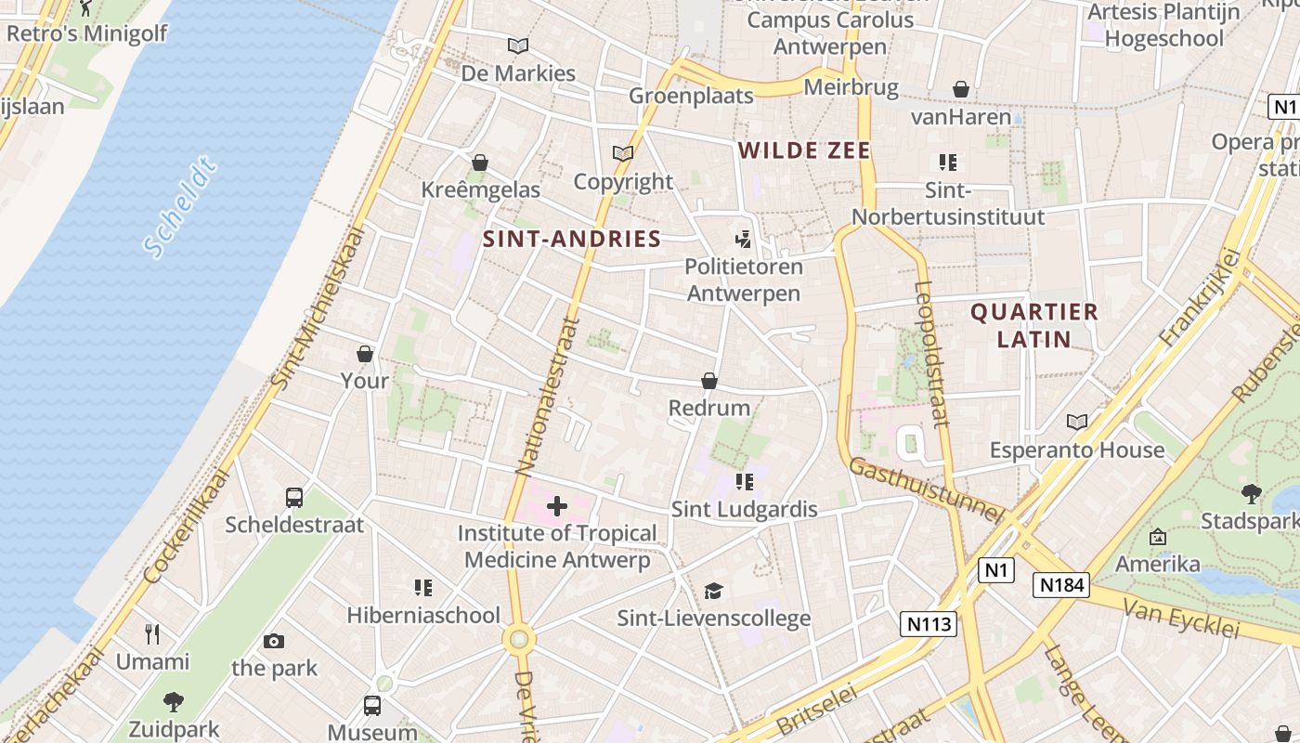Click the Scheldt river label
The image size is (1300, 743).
click(181, 208)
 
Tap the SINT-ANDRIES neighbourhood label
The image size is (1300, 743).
click(572, 239)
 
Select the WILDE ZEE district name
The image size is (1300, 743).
click(804, 150)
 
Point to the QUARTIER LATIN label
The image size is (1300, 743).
click(1034, 325)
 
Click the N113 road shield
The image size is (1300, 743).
click(929, 623)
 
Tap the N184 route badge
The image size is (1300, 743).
click(1060, 585)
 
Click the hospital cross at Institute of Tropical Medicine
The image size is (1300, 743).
click(557, 506)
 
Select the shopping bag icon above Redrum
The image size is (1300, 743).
click(709, 381)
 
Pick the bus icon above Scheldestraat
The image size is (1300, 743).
click(294, 497)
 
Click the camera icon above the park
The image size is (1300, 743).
click(273, 641)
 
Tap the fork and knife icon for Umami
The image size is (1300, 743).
click(152, 634)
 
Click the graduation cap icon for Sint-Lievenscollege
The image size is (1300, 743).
click(713, 591)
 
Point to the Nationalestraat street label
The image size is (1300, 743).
click(547, 395)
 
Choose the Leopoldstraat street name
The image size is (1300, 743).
click(932, 353)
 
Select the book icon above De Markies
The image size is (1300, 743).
click(518, 45)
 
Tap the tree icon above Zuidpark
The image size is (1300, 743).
click(174, 701)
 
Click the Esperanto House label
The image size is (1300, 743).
click(1076, 450)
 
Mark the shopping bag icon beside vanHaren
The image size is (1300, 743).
click(961, 89)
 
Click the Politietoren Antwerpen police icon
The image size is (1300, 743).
click(743, 240)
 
